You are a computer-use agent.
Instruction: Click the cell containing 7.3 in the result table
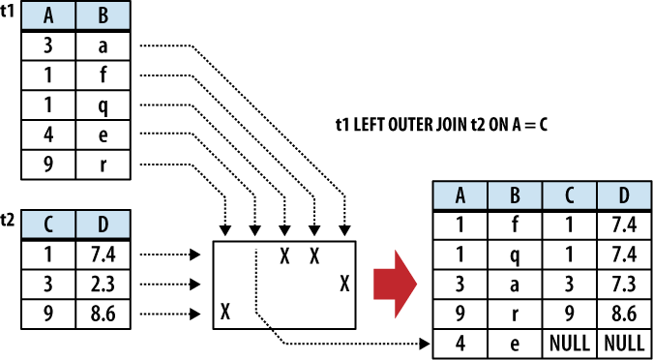[x=621, y=284]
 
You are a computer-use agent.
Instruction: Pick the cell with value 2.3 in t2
[x=102, y=284]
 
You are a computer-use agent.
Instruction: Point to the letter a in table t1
[x=102, y=45]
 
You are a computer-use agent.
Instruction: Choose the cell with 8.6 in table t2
[x=102, y=313]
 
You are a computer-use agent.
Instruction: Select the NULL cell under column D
[x=621, y=342]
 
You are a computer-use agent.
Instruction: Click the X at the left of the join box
[x=225, y=312]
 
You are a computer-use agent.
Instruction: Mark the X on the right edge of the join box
[x=344, y=284]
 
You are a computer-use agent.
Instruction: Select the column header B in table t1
[x=102, y=16]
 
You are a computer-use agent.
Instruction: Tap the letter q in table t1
[x=102, y=104]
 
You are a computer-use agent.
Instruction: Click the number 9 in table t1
[x=47, y=163]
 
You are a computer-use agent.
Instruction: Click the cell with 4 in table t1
[x=47, y=134]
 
